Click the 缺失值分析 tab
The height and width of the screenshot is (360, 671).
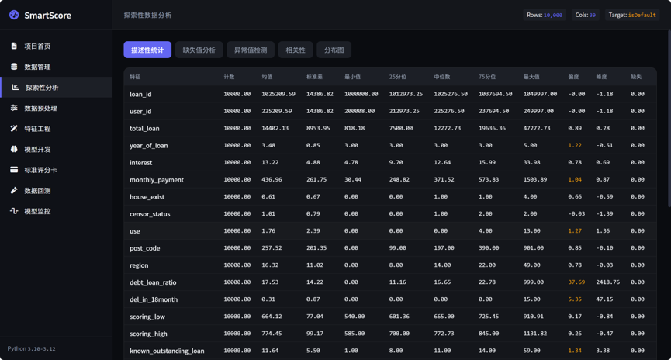point(199,50)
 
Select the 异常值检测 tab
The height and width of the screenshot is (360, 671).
point(251,50)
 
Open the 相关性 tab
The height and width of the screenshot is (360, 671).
point(296,50)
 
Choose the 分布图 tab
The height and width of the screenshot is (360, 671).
point(334,50)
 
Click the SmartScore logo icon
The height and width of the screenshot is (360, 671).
point(14,15)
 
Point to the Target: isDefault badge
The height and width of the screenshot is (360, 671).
point(632,15)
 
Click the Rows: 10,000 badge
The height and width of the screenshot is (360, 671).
point(545,15)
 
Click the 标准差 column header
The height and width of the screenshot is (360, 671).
point(314,77)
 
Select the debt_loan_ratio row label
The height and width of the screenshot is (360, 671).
point(153,282)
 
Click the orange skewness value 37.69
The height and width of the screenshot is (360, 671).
point(576,282)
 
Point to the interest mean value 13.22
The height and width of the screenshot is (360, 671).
point(270,162)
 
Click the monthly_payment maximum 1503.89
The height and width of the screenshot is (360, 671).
point(535,179)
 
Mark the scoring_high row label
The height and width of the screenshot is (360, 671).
point(148,334)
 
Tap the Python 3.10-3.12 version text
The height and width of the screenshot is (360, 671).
point(31,349)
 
